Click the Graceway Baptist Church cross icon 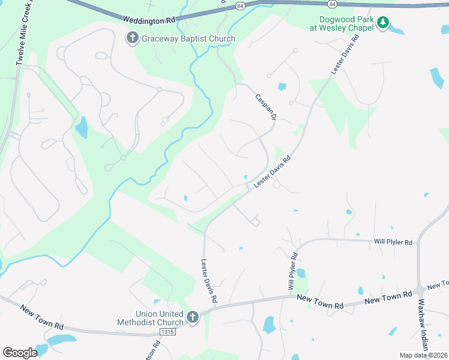132,38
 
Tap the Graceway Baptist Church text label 188,39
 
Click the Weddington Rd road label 149,19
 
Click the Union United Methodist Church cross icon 193,317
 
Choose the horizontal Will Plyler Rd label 393,242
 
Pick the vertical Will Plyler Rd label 294,272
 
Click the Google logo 20,352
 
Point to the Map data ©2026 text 423,355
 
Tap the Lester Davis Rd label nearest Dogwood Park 345,54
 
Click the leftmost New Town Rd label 42,317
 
